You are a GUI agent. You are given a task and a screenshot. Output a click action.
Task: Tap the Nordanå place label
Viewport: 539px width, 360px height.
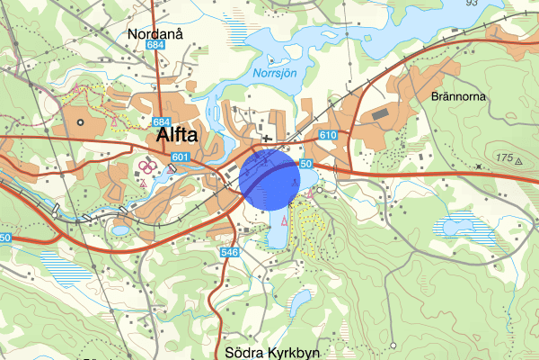click(x=155, y=34)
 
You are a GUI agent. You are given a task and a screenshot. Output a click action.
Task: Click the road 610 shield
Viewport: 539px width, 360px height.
click(x=327, y=136)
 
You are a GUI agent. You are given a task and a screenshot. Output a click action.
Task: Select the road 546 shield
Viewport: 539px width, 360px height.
click(x=229, y=254)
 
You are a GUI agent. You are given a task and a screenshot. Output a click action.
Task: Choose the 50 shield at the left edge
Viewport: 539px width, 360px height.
click(x=4, y=238)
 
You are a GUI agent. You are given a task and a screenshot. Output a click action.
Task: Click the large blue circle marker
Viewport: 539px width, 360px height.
click(x=269, y=180)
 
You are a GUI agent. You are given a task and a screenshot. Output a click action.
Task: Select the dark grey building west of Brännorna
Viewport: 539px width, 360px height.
click(x=382, y=114)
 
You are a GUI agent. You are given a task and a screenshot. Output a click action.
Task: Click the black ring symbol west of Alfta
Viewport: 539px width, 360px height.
click(x=80, y=121)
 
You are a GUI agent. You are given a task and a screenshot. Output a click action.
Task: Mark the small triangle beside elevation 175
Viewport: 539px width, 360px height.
click(x=519, y=159)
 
